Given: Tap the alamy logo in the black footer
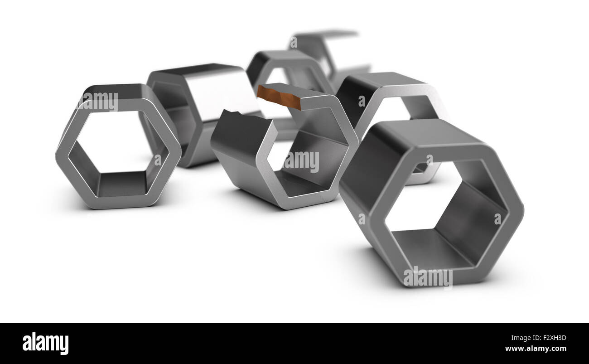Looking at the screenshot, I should pyautogui.click(x=45, y=344).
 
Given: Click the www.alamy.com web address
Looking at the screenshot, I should pyautogui.click(x=535, y=349).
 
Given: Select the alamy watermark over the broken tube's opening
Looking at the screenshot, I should pyautogui.click(x=301, y=161).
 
